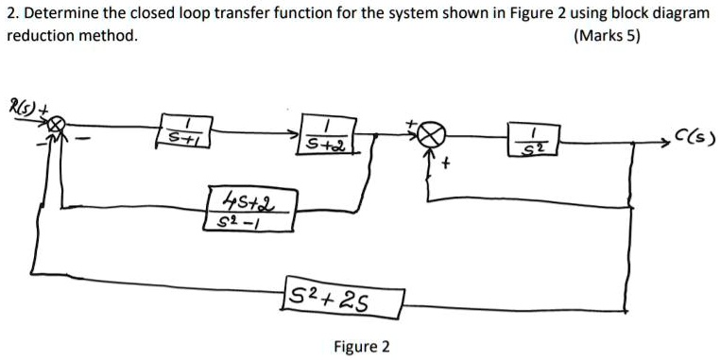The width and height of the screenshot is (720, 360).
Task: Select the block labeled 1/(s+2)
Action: [325, 135]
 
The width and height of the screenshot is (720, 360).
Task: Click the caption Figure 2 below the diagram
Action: [362, 346]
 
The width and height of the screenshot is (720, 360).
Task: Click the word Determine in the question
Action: [60, 13]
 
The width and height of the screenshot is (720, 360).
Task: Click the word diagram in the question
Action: [679, 13]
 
